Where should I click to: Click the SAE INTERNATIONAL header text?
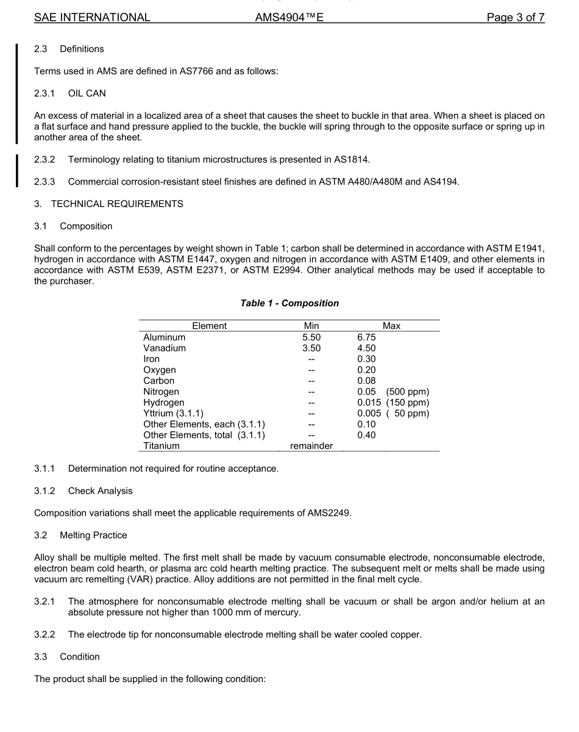pyautogui.click(x=92, y=18)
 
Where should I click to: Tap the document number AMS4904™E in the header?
pyautogui.click(x=289, y=18)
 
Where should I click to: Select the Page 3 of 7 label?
pyautogui.click(x=515, y=18)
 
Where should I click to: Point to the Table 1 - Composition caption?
pyautogui.click(x=289, y=303)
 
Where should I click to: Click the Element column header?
pyautogui.click(x=209, y=326)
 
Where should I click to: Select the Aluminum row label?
pyautogui.click(x=165, y=337)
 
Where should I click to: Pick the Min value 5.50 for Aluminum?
pyautogui.click(x=311, y=337)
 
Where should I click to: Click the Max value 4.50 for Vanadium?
pyautogui.click(x=366, y=348)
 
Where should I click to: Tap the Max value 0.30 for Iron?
pyautogui.click(x=366, y=359)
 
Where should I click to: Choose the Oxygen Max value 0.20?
pyautogui.click(x=366, y=370)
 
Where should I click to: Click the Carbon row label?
pyautogui.click(x=158, y=381)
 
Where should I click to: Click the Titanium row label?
pyautogui.click(x=162, y=446)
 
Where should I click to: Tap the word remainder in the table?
pyautogui.click(x=311, y=446)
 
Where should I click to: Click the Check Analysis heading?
pyautogui.click(x=100, y=491)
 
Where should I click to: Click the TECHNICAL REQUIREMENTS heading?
pyautogui.click(x=117, y=204)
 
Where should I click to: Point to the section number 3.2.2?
pyautogui.click(x=44, y=635)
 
